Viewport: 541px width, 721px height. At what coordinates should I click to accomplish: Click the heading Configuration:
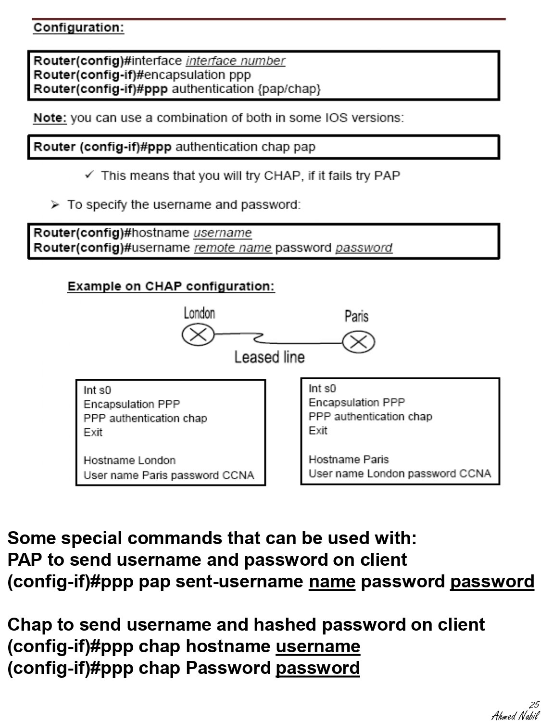coord(78,27)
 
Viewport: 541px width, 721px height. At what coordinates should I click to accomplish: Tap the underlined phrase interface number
coord(235,61)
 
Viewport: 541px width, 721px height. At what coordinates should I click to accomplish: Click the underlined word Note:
coord(50,118)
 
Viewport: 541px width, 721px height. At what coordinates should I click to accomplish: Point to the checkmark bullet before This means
coord(89,175)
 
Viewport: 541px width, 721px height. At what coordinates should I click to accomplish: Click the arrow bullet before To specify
coord(55,205)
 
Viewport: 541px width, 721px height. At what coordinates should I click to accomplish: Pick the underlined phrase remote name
coord(233,248)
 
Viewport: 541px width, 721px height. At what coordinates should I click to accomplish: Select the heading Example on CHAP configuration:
coord(171,286)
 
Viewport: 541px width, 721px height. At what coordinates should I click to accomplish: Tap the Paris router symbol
coord(358,342)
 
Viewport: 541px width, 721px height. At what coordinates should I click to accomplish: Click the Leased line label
coord(269,357)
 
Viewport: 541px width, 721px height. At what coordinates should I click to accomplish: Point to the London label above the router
coord(199,313)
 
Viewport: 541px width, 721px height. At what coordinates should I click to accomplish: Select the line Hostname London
coord(129,460)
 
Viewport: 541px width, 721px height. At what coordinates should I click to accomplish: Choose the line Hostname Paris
coord(348,460)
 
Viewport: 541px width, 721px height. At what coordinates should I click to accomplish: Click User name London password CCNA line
coord(400,474)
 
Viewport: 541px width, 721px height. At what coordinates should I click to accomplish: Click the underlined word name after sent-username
coord(332,582)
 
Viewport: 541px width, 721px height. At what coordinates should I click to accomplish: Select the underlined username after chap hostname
coord(317,646)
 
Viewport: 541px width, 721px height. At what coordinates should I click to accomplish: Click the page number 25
coord(534,705)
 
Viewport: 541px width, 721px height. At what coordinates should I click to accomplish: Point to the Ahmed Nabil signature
coord(515,715)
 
